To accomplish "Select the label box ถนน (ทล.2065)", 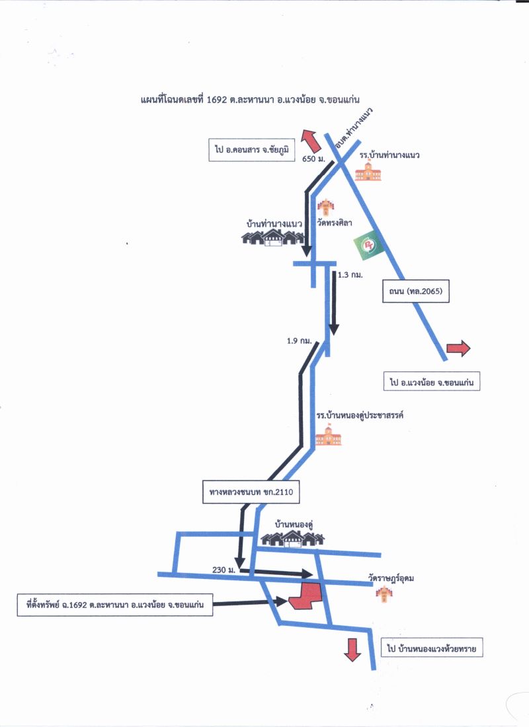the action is (x=416, y=291).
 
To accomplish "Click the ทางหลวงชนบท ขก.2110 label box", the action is (x=251, y=492).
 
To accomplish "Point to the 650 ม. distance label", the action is (x=313, y=159).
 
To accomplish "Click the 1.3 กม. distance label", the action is (x=350, y=275).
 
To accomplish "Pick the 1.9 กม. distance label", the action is (x=300, y=341).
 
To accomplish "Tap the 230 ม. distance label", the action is (x=224, y=570).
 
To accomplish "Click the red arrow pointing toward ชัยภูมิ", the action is (x=310, y=141).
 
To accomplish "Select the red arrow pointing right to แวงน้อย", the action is (x=458, y=348).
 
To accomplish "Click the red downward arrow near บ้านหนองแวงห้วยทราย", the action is (x=352, y=650).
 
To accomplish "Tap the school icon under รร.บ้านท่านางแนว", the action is (x=368, y=171).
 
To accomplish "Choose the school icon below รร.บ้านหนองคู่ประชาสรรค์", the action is (x=329, y=436).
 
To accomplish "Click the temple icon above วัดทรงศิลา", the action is (x=326, y=208).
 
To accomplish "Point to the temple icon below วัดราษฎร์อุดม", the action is (x=385, y=594).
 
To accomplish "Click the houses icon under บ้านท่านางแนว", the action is (x=272, y=237).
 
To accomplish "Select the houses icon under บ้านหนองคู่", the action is (x=292, y=539).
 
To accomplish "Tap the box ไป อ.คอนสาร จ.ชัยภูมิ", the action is (x=252, y=150).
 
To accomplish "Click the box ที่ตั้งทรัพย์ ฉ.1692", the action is (x=115, y=605).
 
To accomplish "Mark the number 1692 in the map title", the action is (x=217, y=100).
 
